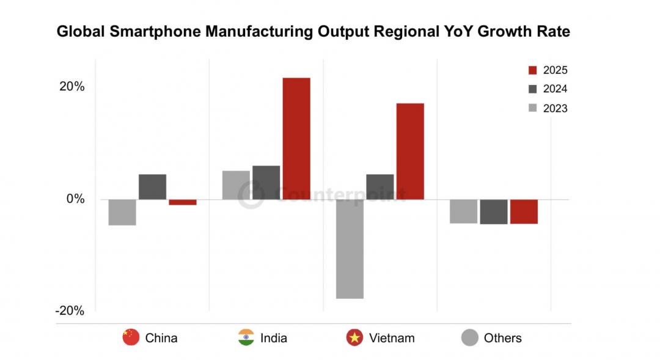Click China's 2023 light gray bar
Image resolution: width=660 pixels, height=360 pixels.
[122, 212]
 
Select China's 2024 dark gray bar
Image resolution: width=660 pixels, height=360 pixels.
[152, 187]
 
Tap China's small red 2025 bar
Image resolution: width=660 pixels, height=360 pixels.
[183, 202]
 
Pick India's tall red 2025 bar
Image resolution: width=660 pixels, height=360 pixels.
[296, 138]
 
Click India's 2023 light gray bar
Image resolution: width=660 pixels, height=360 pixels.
[236, 185]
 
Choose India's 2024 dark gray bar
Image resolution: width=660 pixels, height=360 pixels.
[266, 183]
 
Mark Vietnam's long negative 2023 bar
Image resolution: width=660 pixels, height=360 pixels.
[350, 249]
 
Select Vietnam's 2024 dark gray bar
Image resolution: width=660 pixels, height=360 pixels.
[380, 187]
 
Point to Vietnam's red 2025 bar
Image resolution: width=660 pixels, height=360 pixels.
[410, 151]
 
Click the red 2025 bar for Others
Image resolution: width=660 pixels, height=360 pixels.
[524, 211]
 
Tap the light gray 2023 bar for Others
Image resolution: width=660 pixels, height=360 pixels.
[463, 211]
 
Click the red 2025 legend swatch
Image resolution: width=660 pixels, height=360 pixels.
[532, 70]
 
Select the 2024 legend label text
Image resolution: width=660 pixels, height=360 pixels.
[555, 89]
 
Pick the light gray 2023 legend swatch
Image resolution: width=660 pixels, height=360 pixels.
[532, 108]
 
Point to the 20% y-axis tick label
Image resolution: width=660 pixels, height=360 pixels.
[71, 86]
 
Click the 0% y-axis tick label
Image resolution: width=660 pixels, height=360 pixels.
[75, 199]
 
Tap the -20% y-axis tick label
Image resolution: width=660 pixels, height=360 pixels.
[70, 310]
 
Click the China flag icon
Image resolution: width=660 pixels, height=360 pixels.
[131, 337]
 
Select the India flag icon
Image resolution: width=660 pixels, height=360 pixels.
[246, 337]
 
